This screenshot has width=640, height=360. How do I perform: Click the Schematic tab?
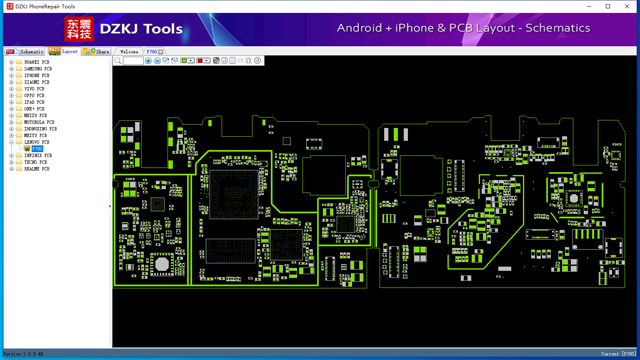(x=25, y=51)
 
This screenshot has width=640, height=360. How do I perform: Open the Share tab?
(x=96, y=51)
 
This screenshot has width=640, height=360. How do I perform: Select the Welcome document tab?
(x=129, y=52)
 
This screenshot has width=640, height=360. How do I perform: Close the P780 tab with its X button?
(x=161, y=52)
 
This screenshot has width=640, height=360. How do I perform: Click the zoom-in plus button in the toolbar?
(x=148, y=60)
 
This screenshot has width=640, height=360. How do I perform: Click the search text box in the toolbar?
(x=133, y=60)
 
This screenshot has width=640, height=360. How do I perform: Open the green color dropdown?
(x=191, y=60)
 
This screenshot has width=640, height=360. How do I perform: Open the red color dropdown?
(x=207, y=60)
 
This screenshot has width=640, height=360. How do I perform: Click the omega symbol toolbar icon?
(x=249, y=60)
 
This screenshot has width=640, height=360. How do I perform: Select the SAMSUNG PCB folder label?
(x=38, y=69)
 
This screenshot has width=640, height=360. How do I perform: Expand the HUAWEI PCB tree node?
(x=11, y=62)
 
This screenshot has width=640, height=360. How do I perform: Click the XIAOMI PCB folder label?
(x=37, y=82)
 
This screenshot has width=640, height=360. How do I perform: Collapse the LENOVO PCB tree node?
(x=11, y=142)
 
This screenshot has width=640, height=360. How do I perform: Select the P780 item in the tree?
(x=37, y=149)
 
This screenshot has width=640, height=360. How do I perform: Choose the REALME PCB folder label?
(x=37, y=169)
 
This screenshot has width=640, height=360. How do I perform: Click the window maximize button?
(x=608, y=6)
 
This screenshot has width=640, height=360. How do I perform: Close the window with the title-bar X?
(x=627, y=6)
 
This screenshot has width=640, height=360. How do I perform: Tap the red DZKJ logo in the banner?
(x=79, y=29)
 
